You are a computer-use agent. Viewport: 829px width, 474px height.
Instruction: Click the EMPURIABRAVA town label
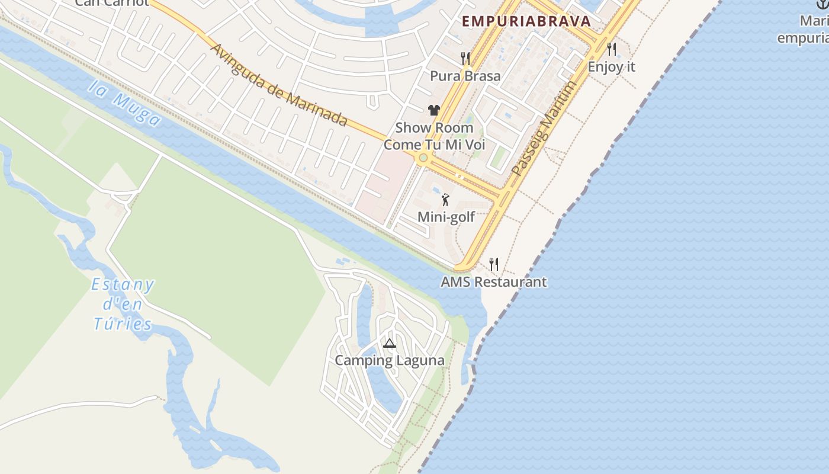(526, 21)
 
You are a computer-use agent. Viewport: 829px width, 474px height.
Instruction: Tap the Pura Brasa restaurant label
(465, 76)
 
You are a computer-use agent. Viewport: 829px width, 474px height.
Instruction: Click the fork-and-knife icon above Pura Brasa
(465, 58)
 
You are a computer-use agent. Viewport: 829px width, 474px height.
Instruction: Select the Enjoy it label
(611, 67)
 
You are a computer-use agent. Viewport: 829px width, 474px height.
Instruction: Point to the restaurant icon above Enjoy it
(612, 49)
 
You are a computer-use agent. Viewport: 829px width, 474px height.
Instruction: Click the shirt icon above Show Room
(434, 110)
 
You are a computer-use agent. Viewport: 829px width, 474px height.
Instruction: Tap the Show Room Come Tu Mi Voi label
(434, 136)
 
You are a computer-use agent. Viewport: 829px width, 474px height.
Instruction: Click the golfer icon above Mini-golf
(445, 200)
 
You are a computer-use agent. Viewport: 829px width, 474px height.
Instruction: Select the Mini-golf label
(446, 217)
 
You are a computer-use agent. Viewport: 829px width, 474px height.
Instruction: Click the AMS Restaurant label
(493, 281)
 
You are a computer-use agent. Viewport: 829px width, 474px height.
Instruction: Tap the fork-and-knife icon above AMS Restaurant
(494, 264)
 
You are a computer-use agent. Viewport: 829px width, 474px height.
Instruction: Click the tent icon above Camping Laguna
(389, 342)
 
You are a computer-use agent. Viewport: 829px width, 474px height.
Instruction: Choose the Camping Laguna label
(389, 360)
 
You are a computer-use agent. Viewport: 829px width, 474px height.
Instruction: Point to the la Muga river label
(125, 104)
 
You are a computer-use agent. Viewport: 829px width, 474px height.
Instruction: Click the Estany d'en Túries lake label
(123, 305)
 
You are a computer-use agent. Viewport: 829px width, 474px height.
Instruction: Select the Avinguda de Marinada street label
(278, 85)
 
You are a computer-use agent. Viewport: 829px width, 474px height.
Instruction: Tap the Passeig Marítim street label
(543, 129)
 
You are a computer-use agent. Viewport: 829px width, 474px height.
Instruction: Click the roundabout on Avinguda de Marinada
(423, 158)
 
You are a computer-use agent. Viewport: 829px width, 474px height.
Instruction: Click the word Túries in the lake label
(123, 324)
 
